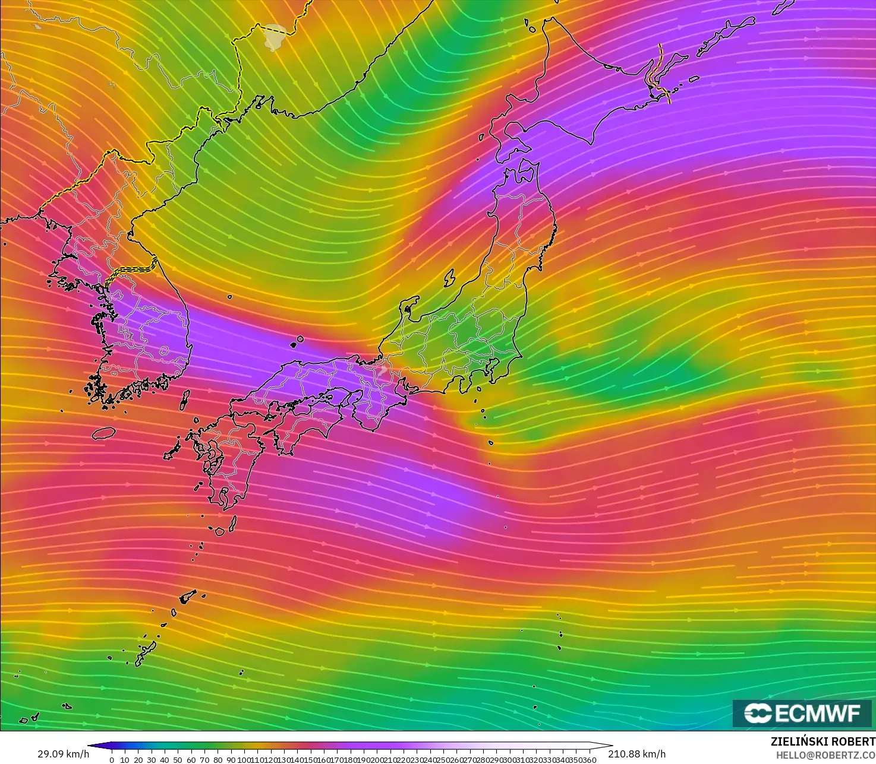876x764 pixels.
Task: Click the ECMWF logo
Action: tap(802, 713)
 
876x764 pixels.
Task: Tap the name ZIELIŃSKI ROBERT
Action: tap(823, 742)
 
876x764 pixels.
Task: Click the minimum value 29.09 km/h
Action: tap(63, 754)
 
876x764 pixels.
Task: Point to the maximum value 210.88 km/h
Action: tap(636, 754)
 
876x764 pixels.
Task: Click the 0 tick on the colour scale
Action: tap(112, 760)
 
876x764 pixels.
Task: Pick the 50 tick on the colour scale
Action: tap(178, 760)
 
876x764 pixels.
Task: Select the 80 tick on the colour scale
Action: tap(218, 760)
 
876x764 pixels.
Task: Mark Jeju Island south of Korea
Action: tap(103, 433)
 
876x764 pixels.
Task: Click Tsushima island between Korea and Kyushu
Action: tap(185, 399)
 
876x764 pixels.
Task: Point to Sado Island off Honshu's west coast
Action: tap(450, 278)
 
